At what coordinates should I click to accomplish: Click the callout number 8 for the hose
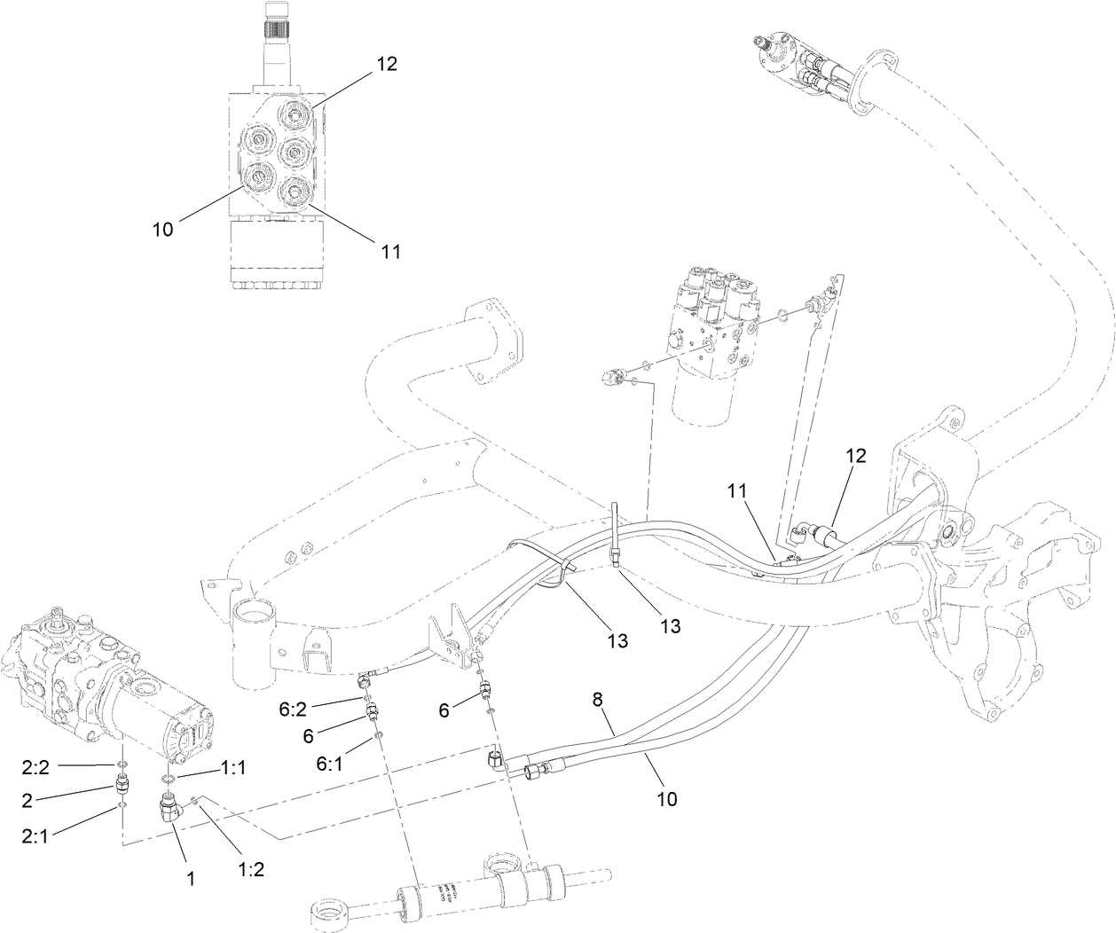(597, 700)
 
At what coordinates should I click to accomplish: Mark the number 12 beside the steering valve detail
(386, 64)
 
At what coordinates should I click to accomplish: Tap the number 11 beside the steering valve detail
(391, 252)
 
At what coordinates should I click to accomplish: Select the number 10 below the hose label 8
(666, 798)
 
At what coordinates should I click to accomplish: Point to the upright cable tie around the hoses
(614, 532)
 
